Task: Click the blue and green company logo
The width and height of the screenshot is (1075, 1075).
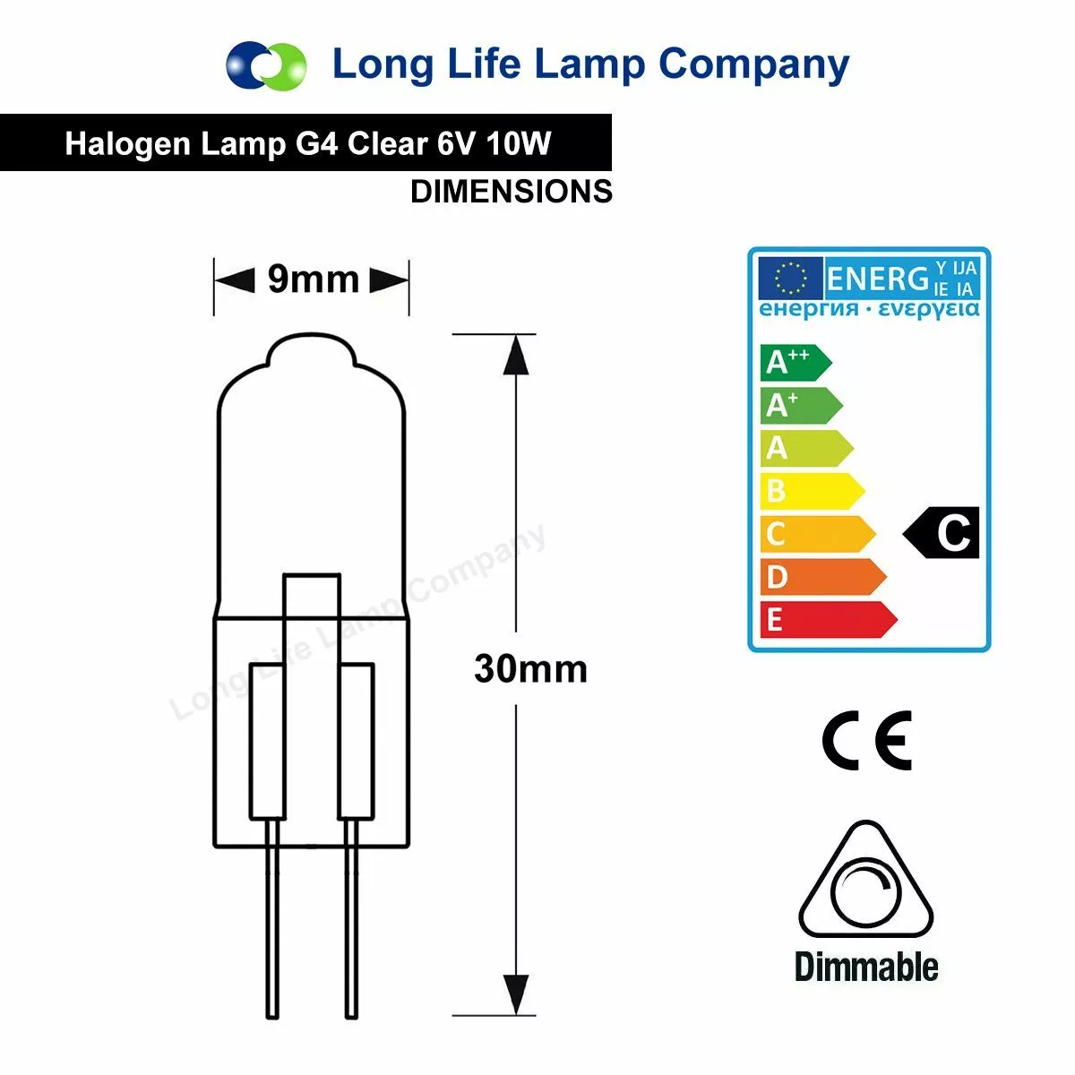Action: (x=266, y=65)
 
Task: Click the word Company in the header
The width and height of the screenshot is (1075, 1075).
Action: (x=753, y=65)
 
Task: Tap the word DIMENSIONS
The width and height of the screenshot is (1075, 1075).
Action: (x=511, y=192)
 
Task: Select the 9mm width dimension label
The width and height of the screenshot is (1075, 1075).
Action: (x=313, y=279)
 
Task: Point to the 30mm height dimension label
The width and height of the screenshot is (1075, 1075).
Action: (x=530, y=669)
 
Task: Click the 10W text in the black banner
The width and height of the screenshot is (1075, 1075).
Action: (x=519, y=143)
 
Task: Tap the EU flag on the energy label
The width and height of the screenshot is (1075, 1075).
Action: (x=790, y=278)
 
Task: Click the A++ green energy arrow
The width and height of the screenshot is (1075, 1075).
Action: (x=795, y=363)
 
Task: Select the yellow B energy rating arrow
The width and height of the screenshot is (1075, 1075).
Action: (x=813, y=491)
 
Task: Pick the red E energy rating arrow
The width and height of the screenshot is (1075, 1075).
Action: (x=829, y=619)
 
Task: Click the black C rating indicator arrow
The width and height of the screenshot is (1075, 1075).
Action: (x=942, y=533)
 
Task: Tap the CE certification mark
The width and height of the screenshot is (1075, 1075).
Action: (x=866, y=740)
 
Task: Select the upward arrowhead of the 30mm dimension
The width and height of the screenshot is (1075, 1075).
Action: (x=515, y=355)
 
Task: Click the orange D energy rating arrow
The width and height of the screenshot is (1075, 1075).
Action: (x=823, y=576)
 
